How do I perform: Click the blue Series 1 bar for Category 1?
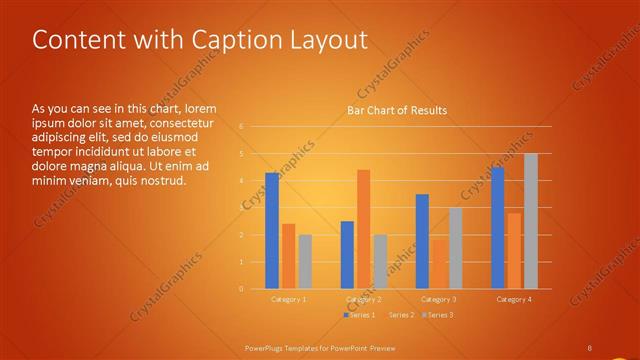pos(272,231)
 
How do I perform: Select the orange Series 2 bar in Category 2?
pos(363,229)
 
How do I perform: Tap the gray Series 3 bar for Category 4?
pos(530,221)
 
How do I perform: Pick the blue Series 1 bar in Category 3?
pos(422,241)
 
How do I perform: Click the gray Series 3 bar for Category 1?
pos(305,262)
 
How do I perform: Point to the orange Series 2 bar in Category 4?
pos(514,251)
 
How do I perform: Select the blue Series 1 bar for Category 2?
pos(347,255)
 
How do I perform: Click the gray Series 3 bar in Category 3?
pos(455,248)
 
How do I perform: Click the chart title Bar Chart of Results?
pos(397,110)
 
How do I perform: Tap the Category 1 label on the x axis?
pos(289,299)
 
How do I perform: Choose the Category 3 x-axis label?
pos(439,299)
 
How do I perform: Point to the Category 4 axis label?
pos(514,299)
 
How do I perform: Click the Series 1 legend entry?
pos(362,314)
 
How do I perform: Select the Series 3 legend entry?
pos(439,314)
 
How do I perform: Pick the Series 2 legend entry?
pos(400,314)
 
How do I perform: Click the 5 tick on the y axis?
pos(241,154)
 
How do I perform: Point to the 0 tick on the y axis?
pos(241,289)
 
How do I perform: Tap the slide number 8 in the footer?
pos(590,347)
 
